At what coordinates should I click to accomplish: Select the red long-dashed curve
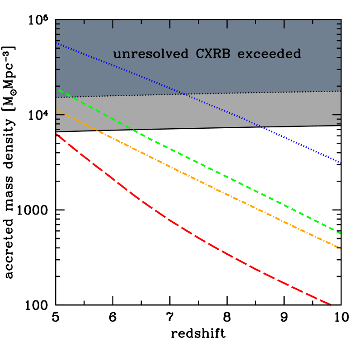pyautogui.click(x=181, y=226)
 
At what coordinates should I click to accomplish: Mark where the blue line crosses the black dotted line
pyautogui.click(x=184, y=94)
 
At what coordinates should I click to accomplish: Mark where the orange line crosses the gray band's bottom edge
pyautogui.click(x=95, y=130)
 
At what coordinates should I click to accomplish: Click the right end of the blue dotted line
pyautogui.click(x=340, y=162)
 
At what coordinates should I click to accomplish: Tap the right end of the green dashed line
pyautogui.click(x=340, y=233)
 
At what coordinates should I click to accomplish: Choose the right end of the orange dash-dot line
pyautogui.click(x=340, y=248)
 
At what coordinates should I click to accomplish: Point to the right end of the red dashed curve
pyautogui.click(x=331, y=305)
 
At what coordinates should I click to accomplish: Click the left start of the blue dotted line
pyautogui.click(x=57, y=44)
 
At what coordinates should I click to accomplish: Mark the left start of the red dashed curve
pyautogui.click(x=57, y=134)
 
